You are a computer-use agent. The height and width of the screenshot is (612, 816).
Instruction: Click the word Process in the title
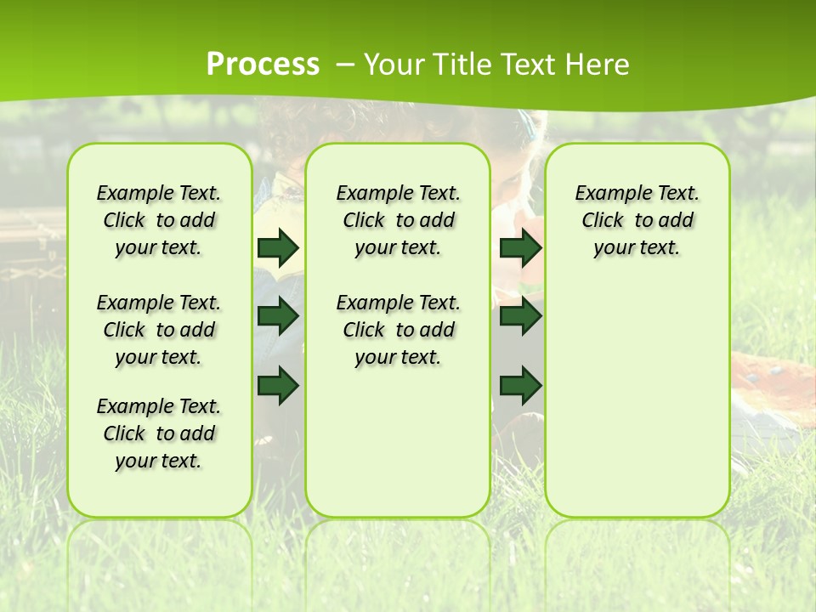click(x=263, y=65)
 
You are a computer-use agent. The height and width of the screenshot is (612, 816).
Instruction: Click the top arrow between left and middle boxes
click(x=278, y=247)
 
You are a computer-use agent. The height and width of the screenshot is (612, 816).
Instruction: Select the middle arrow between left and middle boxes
click(x=278, y=316)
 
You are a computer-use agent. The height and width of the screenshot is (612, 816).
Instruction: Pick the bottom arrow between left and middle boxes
click(x=278, y=386)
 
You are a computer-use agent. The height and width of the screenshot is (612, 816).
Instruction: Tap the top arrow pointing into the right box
click(x=520, y=247)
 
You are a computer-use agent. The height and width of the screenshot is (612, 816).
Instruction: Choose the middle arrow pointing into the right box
click(x=520, y=316)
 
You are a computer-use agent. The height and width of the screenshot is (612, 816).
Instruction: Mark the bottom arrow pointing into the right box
click(x=520, y=386)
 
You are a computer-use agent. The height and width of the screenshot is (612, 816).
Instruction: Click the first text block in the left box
click(x=159, y=220)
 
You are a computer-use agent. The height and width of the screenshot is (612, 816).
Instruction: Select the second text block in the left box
click(x=159, y=330)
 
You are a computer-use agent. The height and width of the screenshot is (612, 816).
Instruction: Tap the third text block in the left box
click(x=159, y=433)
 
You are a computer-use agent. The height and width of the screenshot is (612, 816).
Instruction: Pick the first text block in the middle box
click(x=398, y=220)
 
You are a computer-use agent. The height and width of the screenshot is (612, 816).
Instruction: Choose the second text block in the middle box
click(x=398, y=330)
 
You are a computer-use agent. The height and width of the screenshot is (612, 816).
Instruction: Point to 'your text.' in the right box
click(x=637, y=248)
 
